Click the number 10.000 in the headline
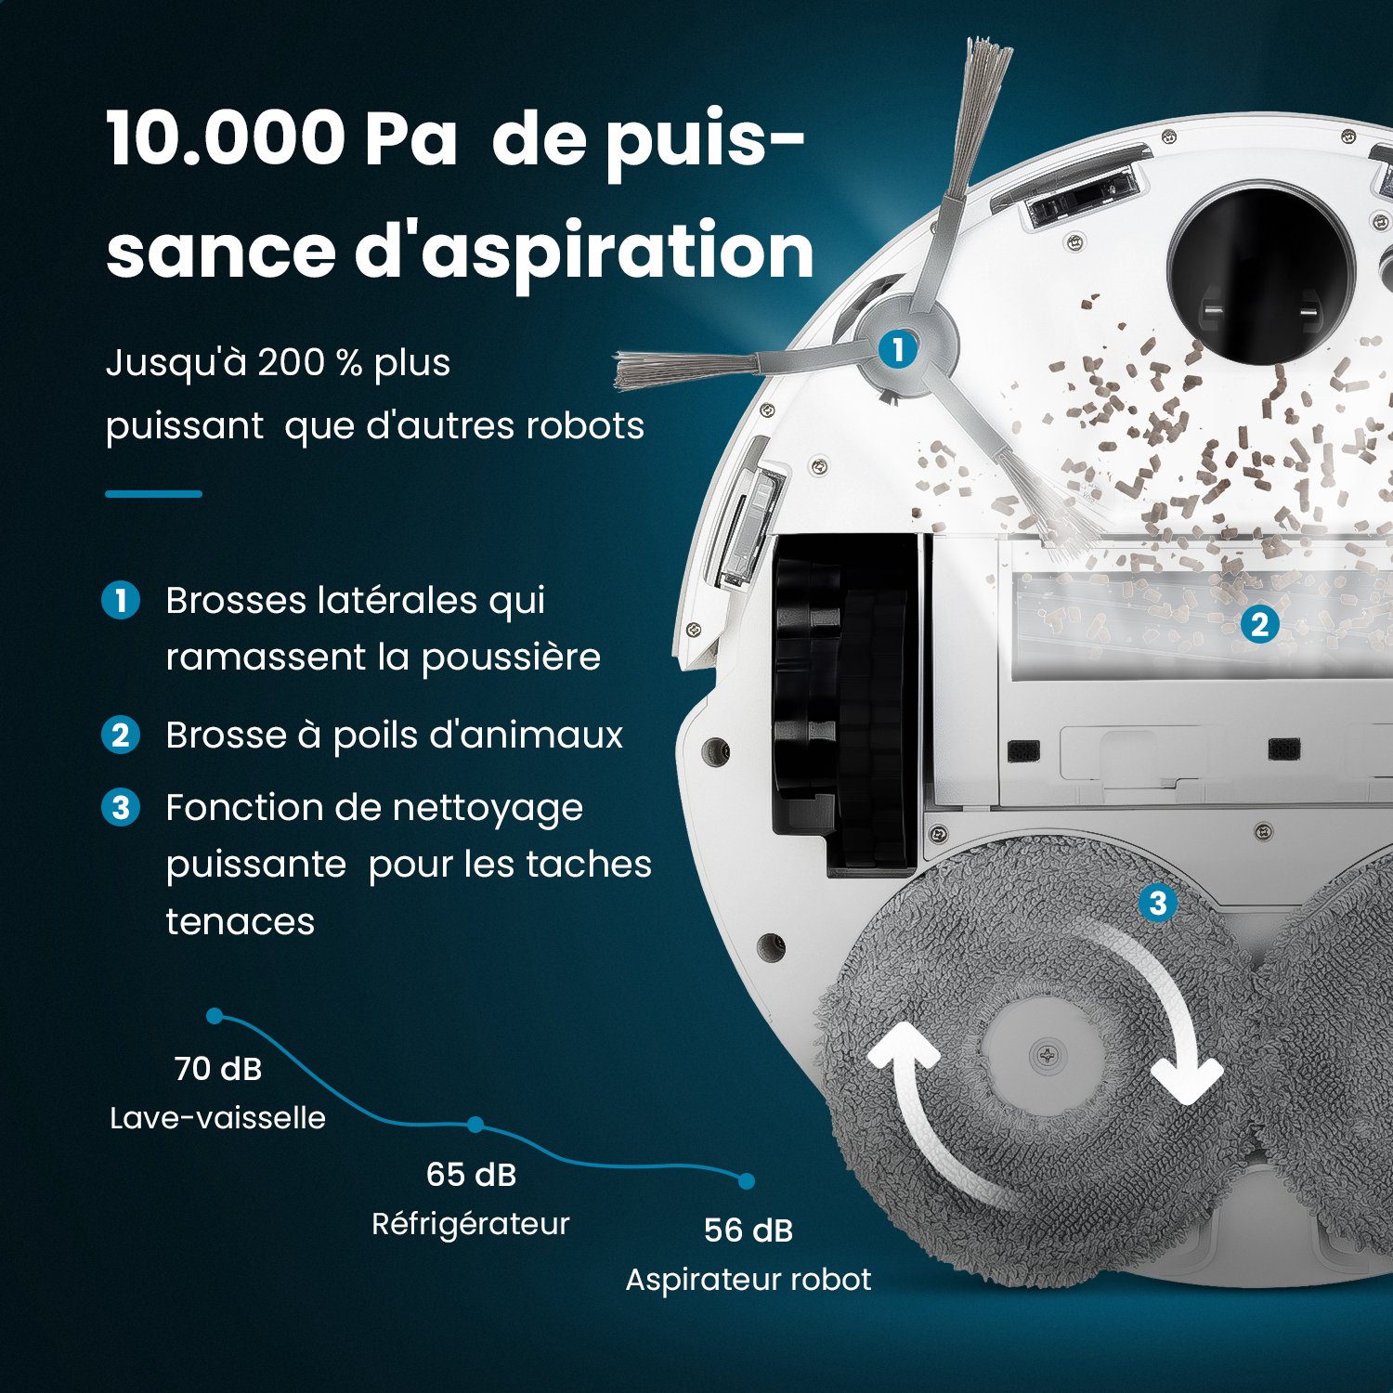[226, 139]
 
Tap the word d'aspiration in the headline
[585, 251]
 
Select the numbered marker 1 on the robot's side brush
[898, 349]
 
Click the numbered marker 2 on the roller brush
[1259, 624]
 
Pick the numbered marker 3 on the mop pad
[1157, 903]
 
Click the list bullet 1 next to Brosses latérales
[121, 600]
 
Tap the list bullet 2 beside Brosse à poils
[121, 736]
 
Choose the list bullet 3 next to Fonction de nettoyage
[121, 808]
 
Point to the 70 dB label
[218, 1069]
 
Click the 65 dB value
[471, 1175]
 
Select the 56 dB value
[749, 1230]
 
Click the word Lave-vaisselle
[218, 1118]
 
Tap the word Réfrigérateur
[471, 1224]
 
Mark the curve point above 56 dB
[747, 1181]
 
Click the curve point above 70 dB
[215, 1016]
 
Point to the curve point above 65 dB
[475, 1125]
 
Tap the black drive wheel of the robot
[840, 706]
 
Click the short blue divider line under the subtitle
[153, 494]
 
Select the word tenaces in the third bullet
[241, 922]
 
